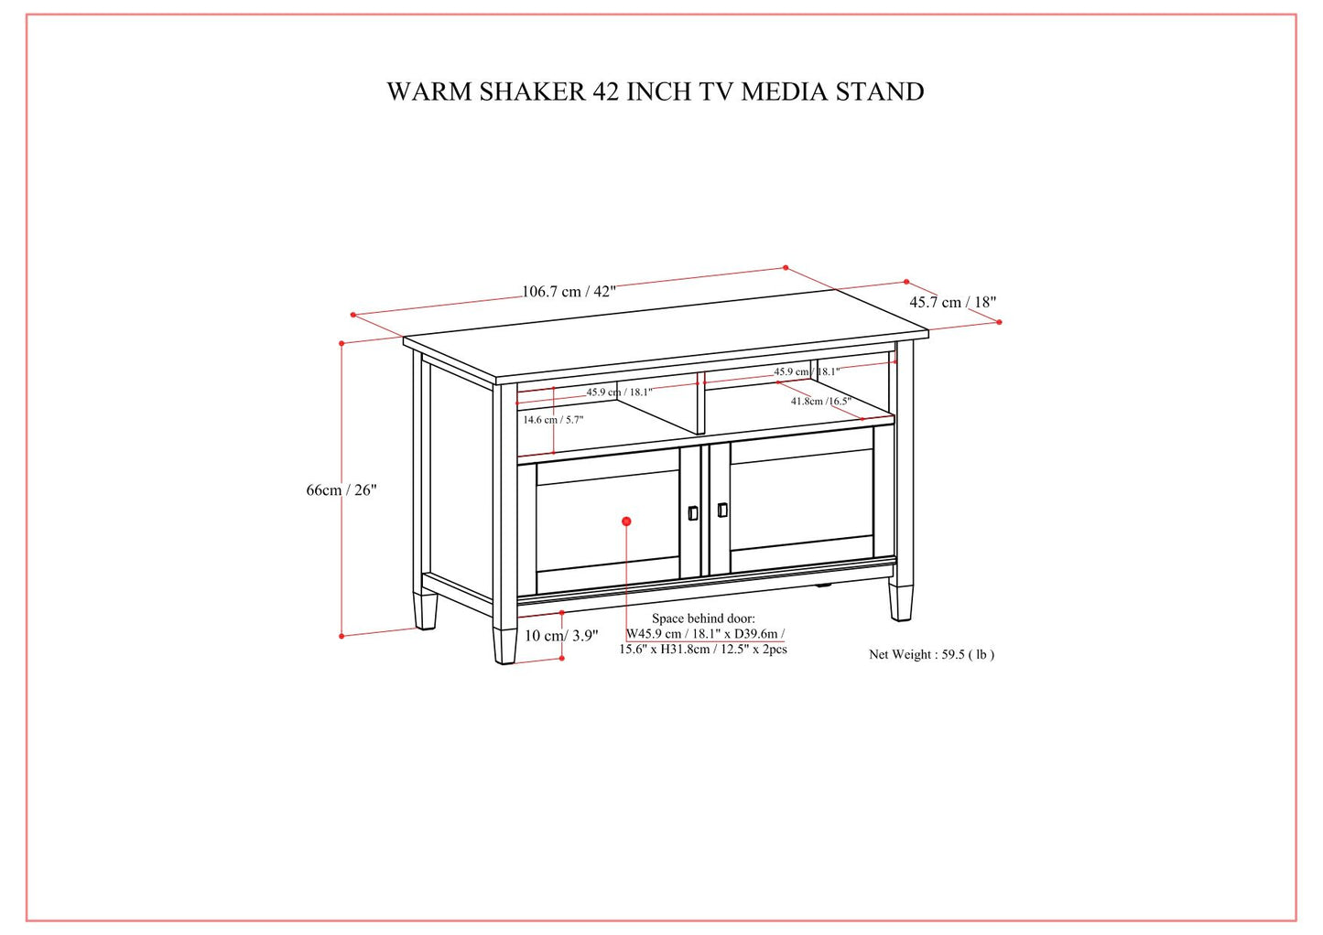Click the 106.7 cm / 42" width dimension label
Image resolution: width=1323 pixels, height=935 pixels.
569,292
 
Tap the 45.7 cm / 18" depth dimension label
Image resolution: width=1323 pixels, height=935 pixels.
952,302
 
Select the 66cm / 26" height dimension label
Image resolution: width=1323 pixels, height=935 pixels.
342,490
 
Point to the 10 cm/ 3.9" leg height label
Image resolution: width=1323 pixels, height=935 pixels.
561,636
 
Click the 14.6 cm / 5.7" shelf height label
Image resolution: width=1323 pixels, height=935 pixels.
553,420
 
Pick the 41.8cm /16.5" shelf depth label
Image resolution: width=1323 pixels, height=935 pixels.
820,401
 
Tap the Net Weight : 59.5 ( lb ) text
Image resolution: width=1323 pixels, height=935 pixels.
931,654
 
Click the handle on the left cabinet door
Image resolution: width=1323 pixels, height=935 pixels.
693,513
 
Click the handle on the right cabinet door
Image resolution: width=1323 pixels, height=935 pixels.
722,510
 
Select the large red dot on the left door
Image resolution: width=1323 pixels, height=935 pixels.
626,521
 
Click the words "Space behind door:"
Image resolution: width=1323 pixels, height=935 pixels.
703,618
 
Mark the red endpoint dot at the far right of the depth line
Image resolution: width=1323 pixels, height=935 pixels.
999,322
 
